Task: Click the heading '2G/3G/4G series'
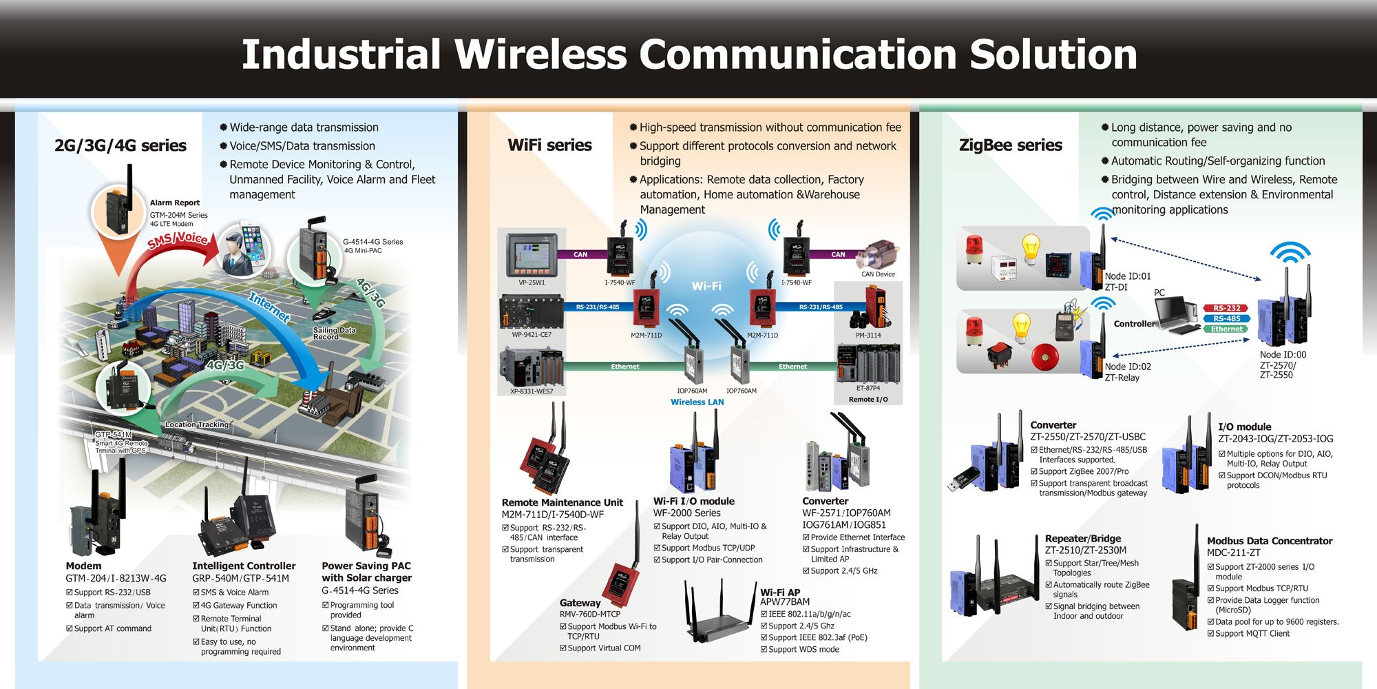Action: pos(120,145)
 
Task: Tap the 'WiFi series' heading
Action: pos(549,145)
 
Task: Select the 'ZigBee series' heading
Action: pos(1011,145)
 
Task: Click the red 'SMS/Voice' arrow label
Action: pos(178,240)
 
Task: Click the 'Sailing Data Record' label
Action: pos(334,333)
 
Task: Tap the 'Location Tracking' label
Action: pos(197,424)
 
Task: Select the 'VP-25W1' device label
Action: pos(532,282)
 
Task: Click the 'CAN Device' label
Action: pos(878,274)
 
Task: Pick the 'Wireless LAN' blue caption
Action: pos(697,402)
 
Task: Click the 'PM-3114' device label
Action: pos(868,336)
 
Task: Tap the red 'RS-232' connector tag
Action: pos(1227,308)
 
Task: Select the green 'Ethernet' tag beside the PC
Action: pos(1227,329)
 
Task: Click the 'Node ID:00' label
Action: pos(1283,355)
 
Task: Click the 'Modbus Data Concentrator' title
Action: pos(1270,541)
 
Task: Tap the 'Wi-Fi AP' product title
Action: pos(780,592)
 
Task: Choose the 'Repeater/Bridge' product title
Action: pos(1083,538)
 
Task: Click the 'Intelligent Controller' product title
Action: pos(244,566)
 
